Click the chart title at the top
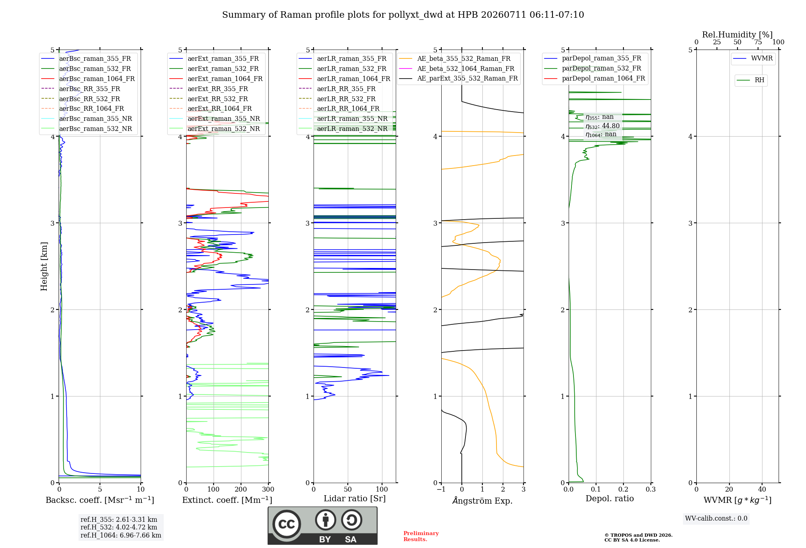[x=403, y=15]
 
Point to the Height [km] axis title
[x=44, y=266]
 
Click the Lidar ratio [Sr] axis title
[x=355, y=498]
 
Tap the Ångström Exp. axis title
[x=482, y=500]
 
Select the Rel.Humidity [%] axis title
[x=737, y=35]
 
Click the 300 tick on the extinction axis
[x=268, y=490]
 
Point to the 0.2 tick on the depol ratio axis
[x=623, y=490]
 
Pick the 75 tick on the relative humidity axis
[x=758, y=42]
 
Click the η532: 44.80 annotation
[x=602, y=126]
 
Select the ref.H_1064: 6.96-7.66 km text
[x=121, y=536]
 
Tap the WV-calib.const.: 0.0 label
[x=716, y=519]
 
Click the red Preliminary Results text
[x=421, y=536]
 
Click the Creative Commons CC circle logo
[x=287, y=524]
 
